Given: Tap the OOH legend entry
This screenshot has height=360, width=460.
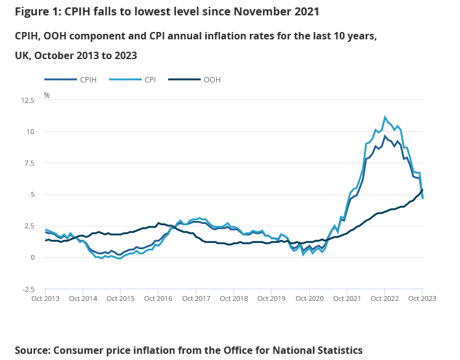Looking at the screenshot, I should (212, 79).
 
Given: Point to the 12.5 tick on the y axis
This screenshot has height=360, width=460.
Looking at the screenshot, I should (28, 100).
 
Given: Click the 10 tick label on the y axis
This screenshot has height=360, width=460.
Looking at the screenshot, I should (30, 132).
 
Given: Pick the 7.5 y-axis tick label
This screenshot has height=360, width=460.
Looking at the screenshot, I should (30, 163).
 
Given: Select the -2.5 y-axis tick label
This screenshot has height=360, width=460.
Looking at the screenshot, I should (28, 289).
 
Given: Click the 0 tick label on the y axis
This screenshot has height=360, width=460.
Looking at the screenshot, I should (32, 257).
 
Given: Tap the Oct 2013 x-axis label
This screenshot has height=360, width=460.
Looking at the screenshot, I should (45, 298).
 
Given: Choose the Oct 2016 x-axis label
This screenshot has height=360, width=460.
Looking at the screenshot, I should (158, 298).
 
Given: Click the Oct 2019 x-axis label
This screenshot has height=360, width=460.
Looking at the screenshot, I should (272, 298).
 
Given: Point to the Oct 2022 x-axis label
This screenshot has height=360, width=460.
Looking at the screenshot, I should (385, 298).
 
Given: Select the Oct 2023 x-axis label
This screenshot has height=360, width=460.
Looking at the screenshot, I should (422, 298).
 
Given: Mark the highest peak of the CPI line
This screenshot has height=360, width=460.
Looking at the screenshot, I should (385, 117).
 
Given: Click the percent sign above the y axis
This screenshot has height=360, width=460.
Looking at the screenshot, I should (47, 95).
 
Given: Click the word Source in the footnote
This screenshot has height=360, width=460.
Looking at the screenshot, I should (33, 350).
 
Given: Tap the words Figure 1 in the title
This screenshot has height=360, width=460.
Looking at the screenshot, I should (37, 12).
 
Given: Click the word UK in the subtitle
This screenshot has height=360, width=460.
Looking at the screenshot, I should (22, 55).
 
